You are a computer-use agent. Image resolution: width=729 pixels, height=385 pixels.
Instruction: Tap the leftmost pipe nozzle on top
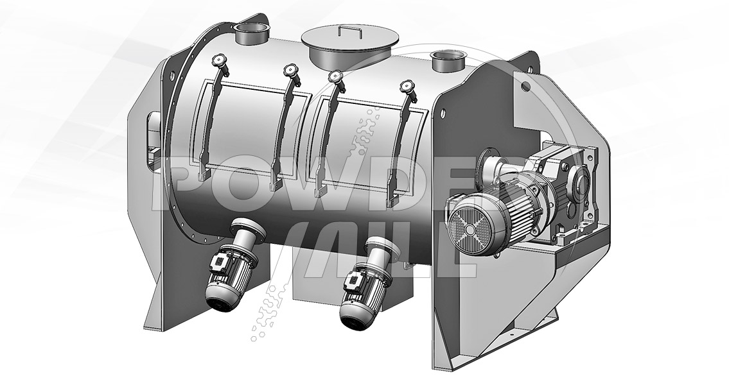coord(251,34)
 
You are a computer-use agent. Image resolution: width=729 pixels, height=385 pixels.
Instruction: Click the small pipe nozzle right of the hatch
coord(448,61)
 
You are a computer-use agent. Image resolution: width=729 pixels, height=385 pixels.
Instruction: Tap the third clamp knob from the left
coord(335,76)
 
